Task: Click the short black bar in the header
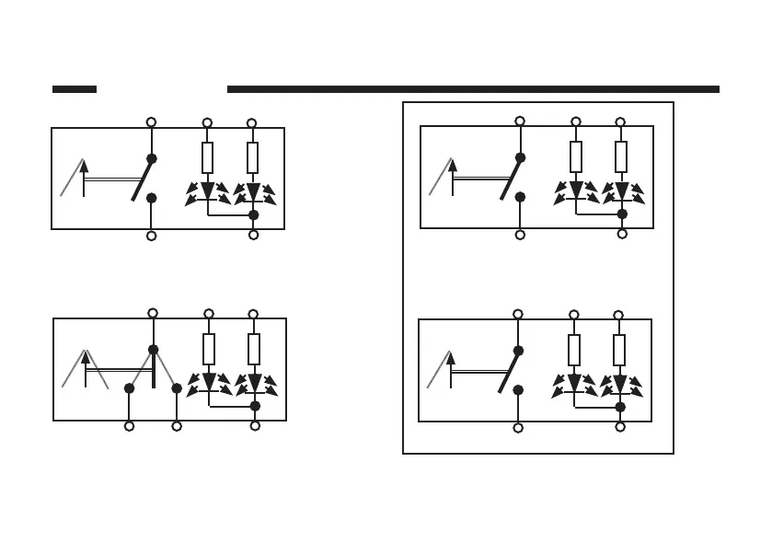click(75, 89)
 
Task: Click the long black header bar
click(473, 89)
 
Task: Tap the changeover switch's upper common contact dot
click(153, 350)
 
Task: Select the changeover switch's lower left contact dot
click(130, 388)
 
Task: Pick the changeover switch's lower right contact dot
click(177, 388)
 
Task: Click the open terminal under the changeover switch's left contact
click(130, 426)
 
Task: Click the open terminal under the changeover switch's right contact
click(177, 426)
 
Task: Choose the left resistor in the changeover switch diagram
click(209, 349)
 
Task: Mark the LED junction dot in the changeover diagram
click(255, 405)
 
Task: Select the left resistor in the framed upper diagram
click(576, 156)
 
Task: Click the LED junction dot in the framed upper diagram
click(622, 214)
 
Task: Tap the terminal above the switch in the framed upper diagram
click(520, 121)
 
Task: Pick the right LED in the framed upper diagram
click(622, 191)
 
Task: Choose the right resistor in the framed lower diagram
click(619, 349)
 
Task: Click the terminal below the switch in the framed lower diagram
click(518, 428)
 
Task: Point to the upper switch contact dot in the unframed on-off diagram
click(152, 158)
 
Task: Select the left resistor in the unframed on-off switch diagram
click(207, 157)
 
